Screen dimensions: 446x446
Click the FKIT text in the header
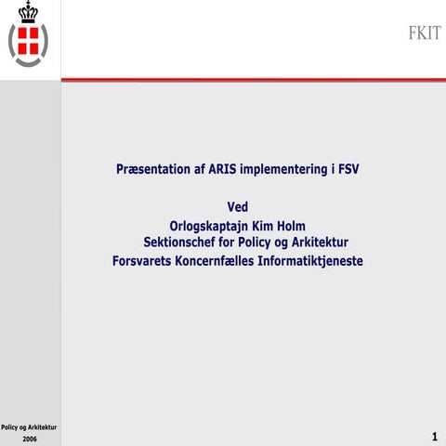coord(424,33)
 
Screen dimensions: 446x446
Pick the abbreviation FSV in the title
coord(347,170)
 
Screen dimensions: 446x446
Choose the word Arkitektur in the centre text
coord(317,243)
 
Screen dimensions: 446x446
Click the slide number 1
coord(435,436)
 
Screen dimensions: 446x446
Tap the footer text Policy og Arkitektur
coord(30,426)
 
